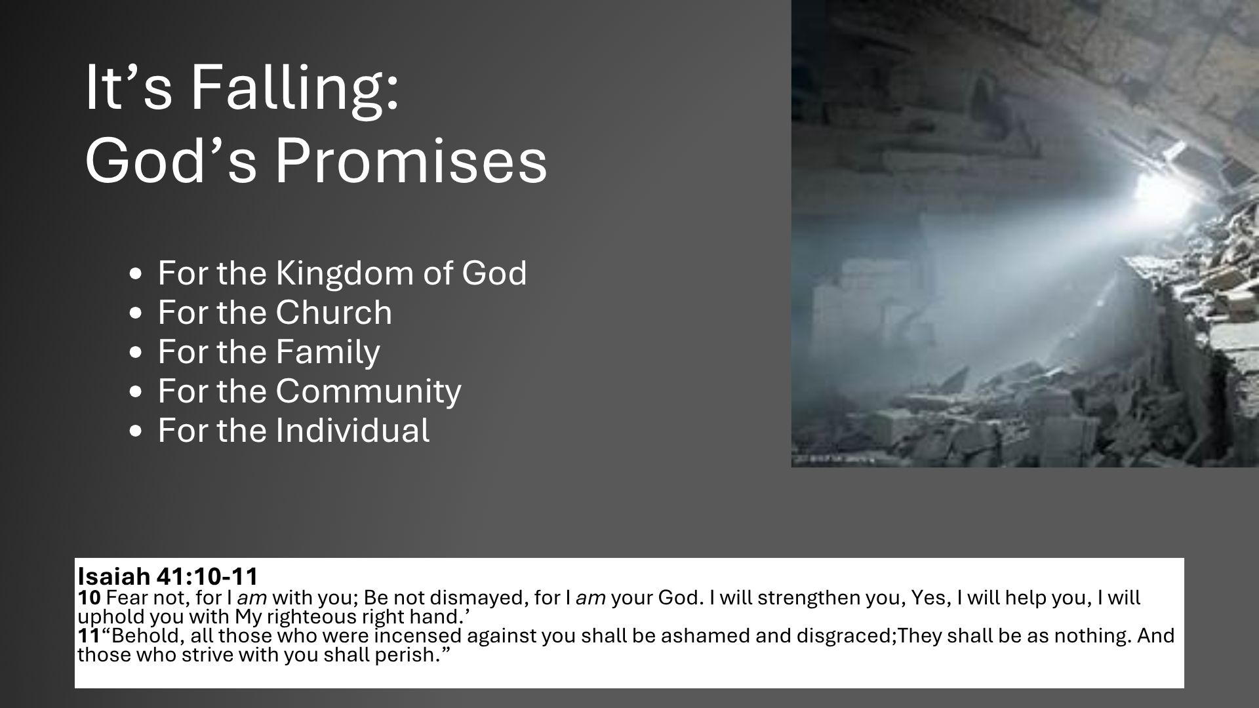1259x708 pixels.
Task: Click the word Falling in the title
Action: point(294,88)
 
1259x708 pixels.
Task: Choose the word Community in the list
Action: point(369,391)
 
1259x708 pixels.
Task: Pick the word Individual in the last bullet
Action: point(353,430)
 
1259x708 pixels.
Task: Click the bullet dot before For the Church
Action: point(136,314)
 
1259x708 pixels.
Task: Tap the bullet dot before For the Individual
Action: point(136,432)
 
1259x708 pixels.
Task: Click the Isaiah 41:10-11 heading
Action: point(168,577)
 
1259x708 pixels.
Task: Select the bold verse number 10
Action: point(89,598)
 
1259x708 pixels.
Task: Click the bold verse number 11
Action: point(89,636)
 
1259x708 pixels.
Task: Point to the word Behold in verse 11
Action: point(140,636)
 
